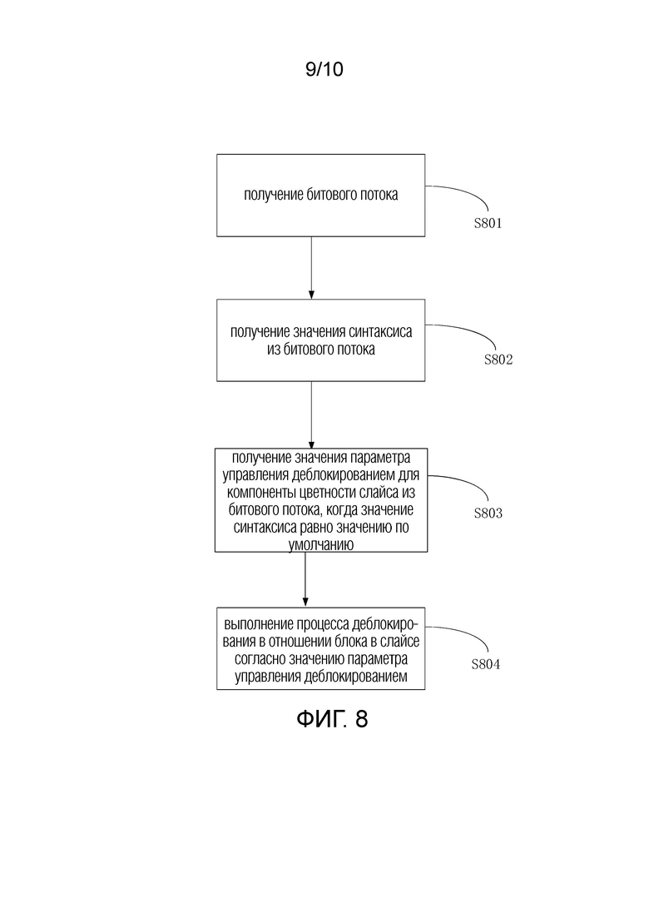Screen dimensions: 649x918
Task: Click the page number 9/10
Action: click(x=324, y=70)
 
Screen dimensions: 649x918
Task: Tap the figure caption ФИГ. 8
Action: click(x=332, y=718)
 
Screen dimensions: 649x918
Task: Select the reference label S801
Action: click(x=488, y=223)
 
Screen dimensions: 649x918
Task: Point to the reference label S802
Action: click(x=498, y=360)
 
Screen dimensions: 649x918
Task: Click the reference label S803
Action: click(x=488, y=514)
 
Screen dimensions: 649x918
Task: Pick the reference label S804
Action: click(x=486, y=664)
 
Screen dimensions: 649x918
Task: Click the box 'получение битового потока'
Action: click(x=320, y=196)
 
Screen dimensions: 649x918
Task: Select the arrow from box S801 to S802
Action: click(x=311, y=268)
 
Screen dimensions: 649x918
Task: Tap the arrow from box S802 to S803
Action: click(x=311, y=415)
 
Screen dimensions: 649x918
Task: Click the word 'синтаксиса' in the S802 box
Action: click(x=380, y=332)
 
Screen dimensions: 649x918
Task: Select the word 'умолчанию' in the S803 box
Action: click(x=320, y=545)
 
